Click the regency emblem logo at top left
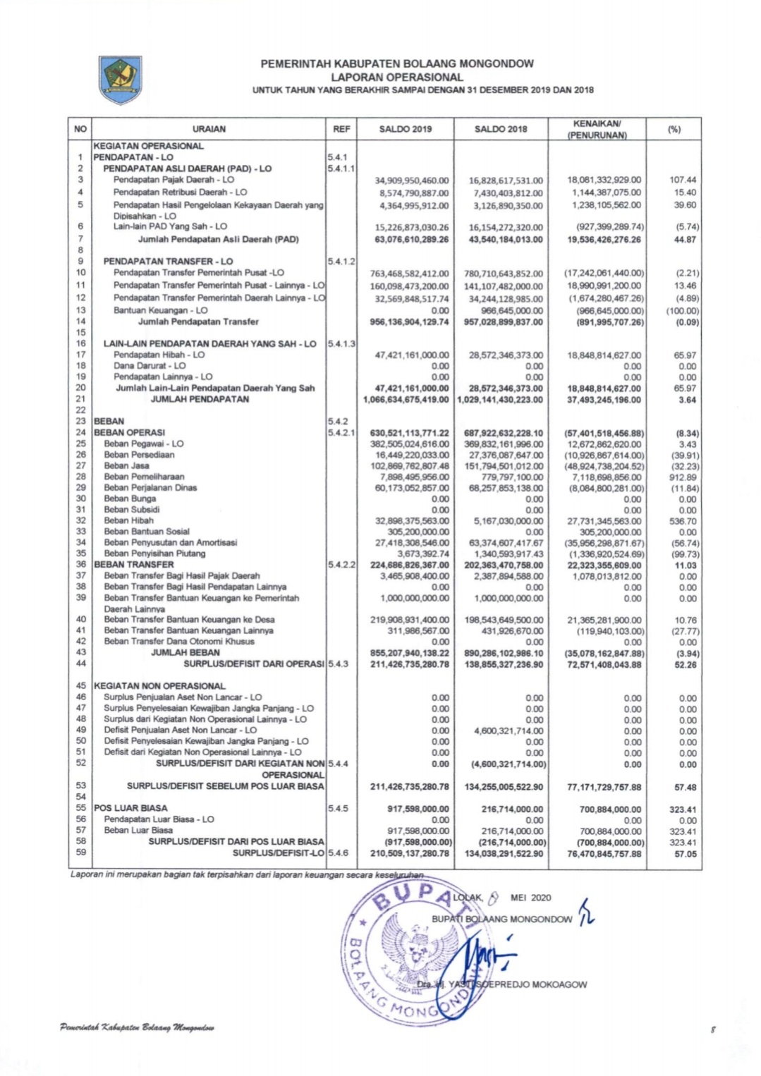(x=120, y=80)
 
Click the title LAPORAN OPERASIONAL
(x=397, y=77)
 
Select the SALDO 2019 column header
(x=406, y=129)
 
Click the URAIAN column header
(x=209, y=129)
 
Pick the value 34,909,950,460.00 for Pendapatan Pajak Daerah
(x=412, y=181)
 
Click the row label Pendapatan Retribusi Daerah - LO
(x=180, y=192)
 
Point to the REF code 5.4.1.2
(x=341, y=262)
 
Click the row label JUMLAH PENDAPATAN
(x=200, y=399)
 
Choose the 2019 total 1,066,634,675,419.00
(x=406, y=400)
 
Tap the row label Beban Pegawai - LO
(x=143, y=444)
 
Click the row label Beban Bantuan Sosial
(x=146, y=532)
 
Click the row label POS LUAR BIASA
(x=130, y=808)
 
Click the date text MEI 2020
(x=530, y=898)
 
